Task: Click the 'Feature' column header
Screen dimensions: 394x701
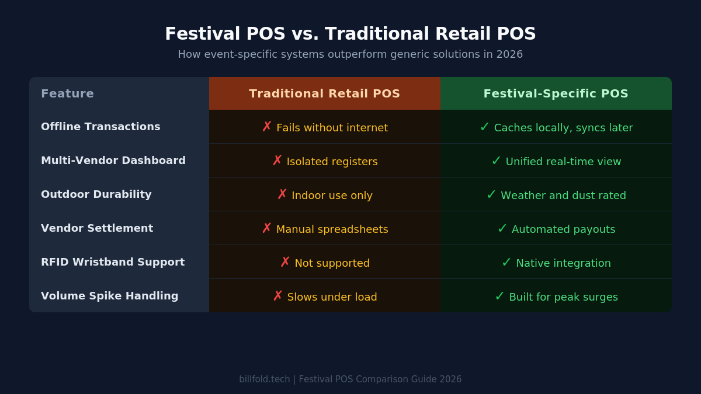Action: (67, 93)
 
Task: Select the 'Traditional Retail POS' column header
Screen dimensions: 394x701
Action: (324, 93)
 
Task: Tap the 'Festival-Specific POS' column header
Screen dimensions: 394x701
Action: (556, 93)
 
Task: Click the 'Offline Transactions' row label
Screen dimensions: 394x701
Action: (100, 127)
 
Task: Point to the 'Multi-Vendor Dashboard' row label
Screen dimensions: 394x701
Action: (113, 161)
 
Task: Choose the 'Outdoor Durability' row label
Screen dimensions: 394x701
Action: (96, 194)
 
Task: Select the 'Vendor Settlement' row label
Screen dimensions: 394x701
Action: (97, 228)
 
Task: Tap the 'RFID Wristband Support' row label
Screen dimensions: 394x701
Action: (113, 262)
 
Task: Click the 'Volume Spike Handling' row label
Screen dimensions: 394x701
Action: (110, 296)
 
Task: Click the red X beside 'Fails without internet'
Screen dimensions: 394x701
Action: (267, 127)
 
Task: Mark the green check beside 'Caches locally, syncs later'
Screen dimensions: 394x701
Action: (484, 127)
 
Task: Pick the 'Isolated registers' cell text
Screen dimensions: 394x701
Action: (332, 162)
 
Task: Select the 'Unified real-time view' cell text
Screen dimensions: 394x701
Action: (563, 162)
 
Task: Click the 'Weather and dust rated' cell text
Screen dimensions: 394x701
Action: (563, 196)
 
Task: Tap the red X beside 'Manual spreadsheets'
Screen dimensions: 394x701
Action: (266, 228)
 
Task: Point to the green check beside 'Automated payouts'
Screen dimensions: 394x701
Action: (502, 228)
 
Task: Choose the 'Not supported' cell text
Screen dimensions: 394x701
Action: (332, 263)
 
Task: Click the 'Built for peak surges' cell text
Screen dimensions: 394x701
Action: (563, 297)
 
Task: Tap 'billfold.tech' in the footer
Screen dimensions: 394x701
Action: (264, 379)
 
